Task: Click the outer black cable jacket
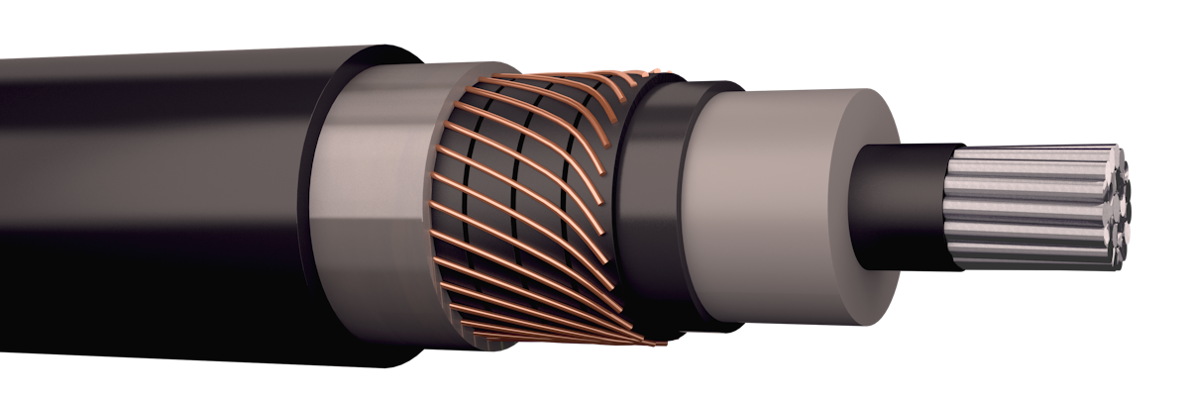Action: point(149,247)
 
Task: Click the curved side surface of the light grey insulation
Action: point(753,198)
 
